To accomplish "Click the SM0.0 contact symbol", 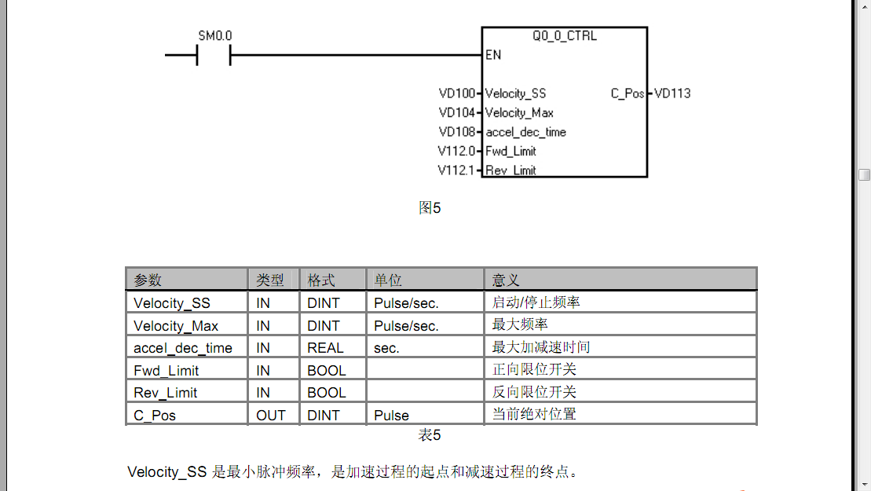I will [213, 55].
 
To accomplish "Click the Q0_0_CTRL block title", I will [564, 36].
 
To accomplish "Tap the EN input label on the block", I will [493, 55].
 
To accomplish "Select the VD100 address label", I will [457, 93].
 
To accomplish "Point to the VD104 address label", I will [457, 112].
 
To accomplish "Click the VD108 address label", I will [457, 132].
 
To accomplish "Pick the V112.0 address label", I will [456, 151].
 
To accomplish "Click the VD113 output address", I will [672, 93].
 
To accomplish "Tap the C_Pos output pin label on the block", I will [628, 93].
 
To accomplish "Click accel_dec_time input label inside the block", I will [525, 132].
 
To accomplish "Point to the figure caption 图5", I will [430, 208].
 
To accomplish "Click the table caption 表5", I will [430, 435].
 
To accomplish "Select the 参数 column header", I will [148, 280].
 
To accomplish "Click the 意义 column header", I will [506, 280].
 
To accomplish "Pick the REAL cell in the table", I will [325, 348].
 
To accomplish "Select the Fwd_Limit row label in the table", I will [167, 371].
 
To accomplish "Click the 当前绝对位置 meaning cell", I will [534, 414].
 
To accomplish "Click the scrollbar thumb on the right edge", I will [864, 174].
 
